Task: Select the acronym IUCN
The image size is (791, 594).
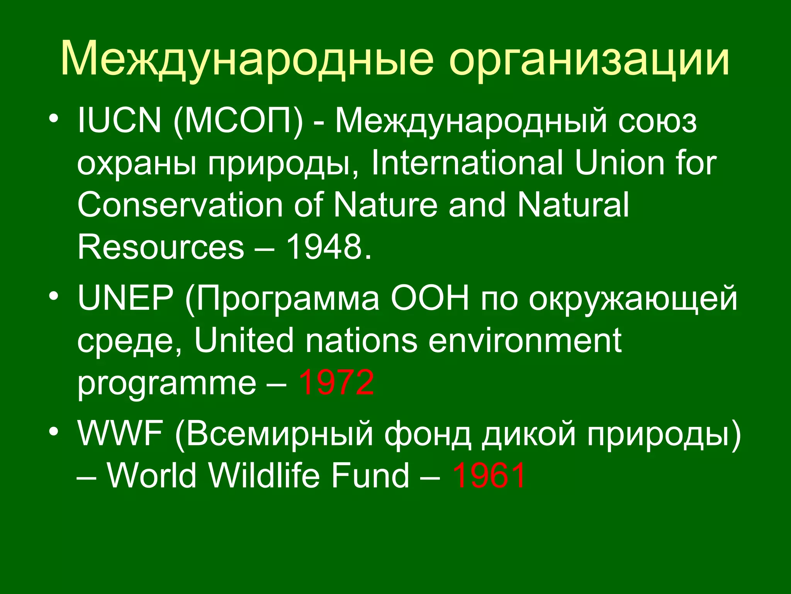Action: pyautogui.click(x=119, y=121)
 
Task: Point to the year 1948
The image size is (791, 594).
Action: pyautogui.click(x=324, y=247)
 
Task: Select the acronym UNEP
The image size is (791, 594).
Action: pyautogui.click(x=126, y=298)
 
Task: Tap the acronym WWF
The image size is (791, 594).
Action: pyautogui.click(x=120, y=433)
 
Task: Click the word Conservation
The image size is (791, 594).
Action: pyautogui.click(x=180, y=205)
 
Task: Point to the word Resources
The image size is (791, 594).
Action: pyautogui.click(x=161, y=247)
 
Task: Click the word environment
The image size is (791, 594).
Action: pyautogui.click(x=525, y=340)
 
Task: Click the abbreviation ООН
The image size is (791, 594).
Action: pyautogui.click(x=430, y=298)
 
